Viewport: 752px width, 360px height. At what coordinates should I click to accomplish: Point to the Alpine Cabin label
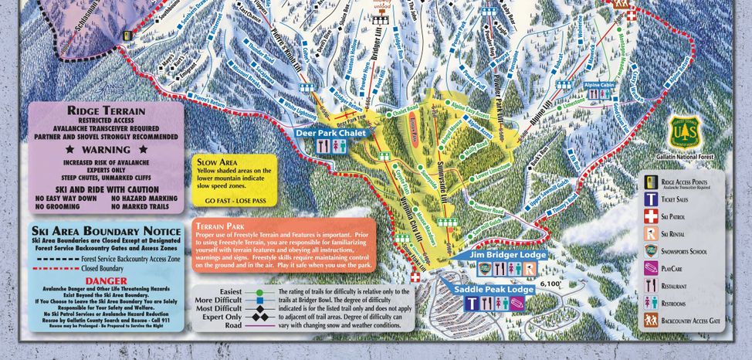point(598,85)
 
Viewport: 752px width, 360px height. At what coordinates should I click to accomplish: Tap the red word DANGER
point(107,280)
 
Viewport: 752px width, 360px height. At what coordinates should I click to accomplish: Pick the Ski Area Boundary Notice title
point(107,230)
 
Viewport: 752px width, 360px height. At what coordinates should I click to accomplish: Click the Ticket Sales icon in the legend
point(652,199)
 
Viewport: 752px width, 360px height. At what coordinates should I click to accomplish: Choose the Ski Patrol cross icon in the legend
point(652,217)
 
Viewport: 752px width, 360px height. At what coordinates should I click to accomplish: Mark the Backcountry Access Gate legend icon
point(652,319)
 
